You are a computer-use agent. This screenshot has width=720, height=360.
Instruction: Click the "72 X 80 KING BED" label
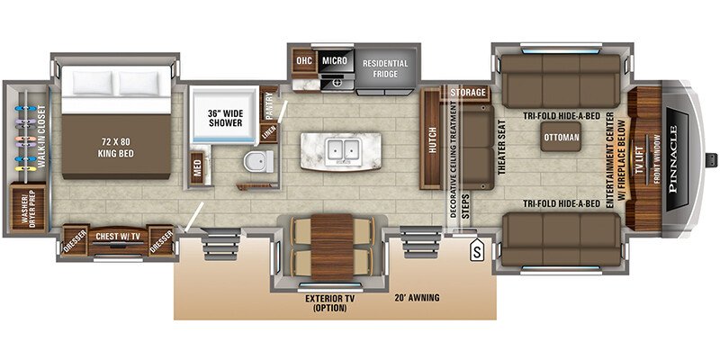[114, 145]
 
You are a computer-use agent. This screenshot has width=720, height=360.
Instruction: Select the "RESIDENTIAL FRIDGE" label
[385, 69]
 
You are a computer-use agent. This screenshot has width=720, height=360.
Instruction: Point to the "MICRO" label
[334, 61]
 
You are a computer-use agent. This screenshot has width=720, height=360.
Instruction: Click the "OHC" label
[303, 61]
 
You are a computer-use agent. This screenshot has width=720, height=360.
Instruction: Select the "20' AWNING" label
[418, 296]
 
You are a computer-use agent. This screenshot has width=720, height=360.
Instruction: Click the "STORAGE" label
[468, 93]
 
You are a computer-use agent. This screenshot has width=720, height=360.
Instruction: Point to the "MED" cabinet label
[197, 166]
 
